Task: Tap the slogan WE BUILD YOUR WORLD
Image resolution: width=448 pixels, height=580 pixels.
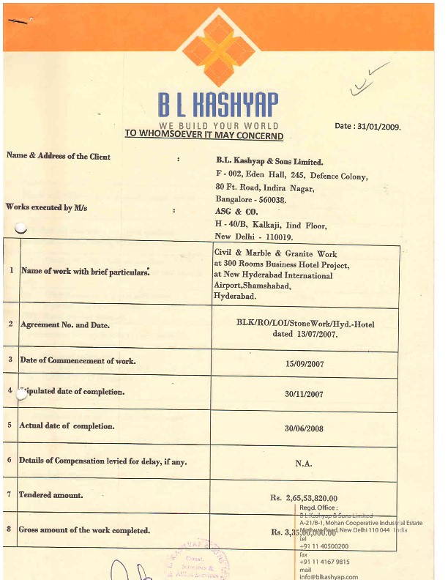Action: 219,126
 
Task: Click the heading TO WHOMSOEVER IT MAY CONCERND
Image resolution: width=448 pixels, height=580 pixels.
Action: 204,135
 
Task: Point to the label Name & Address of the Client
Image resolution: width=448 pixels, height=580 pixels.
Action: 59,156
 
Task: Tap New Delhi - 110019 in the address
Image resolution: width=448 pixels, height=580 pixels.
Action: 253,237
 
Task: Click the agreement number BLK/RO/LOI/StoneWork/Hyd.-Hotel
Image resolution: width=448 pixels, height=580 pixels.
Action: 303,322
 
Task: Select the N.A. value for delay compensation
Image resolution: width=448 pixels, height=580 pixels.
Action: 304,463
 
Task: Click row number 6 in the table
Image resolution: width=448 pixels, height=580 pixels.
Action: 10,460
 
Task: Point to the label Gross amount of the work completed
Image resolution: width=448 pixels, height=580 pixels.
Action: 84,529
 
